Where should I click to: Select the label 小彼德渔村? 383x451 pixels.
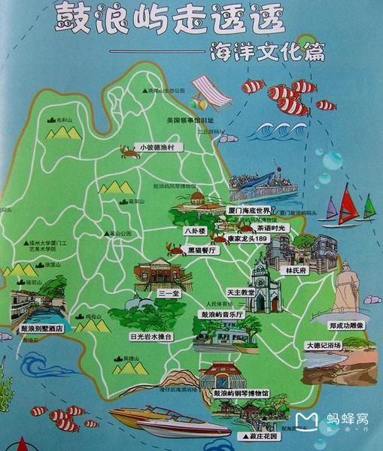tap(158, 147)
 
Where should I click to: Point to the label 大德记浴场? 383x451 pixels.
tap(323, 345)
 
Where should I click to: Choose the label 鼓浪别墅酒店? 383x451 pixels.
tap(38, 328)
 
